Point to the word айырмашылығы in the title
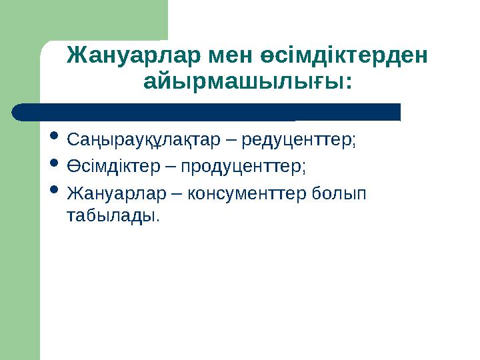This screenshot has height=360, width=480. pyautogui.click(x=243, y=83)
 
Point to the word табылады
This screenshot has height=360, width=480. pyautogui.click(x=113, y=216)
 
